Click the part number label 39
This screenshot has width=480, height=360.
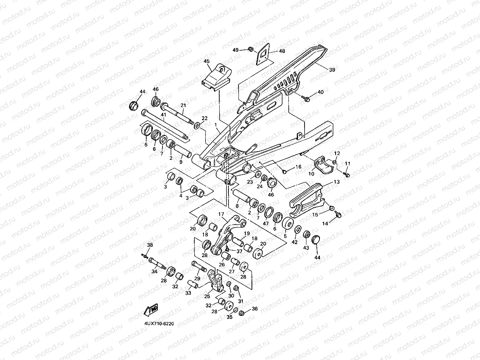click(332, 70)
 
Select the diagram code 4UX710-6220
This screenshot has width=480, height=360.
click(159, 324)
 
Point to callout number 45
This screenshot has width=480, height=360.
click(207, 61)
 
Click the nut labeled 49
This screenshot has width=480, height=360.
click(250, 49)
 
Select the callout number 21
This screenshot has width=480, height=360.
click(183, 106)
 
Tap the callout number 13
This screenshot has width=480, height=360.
click(337, 182)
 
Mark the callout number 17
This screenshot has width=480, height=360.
click(221, 214)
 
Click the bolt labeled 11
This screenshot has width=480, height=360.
click(346, 175)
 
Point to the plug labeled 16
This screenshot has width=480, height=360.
click(285, 171)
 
